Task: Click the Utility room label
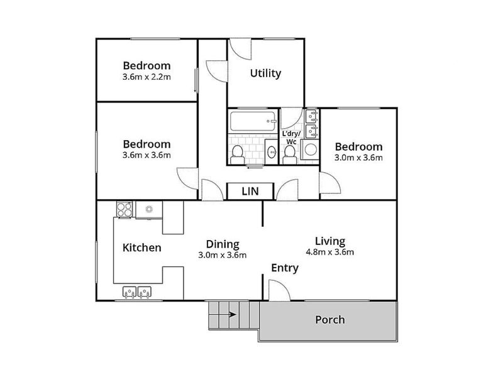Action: coord(265,74)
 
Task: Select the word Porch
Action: coord(329,320)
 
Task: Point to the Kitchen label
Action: coord(141,248)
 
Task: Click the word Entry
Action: coord(284,268)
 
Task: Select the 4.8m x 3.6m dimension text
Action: coord(330,253)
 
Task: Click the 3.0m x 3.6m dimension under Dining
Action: coord(221,255)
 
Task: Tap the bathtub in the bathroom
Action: coord(252,121)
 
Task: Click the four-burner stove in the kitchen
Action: coord(124,209)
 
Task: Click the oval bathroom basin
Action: coord(270,151)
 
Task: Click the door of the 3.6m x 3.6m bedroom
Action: coord(187,178)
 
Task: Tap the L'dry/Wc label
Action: coord(290,138)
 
